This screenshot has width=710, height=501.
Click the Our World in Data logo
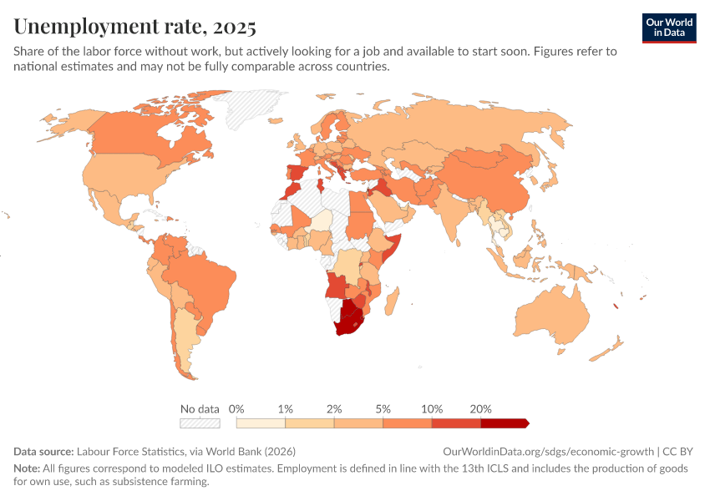(669, 28)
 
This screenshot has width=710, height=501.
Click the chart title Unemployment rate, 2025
(134, 27)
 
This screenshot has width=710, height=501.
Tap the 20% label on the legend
(480, 409)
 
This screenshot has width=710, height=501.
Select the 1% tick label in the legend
(285, 409)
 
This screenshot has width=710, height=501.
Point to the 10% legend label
(431, 409)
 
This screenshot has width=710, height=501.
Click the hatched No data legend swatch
(200, 423)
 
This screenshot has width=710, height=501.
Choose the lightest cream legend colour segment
(261, 423)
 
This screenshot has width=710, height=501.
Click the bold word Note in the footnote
(27, 468)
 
